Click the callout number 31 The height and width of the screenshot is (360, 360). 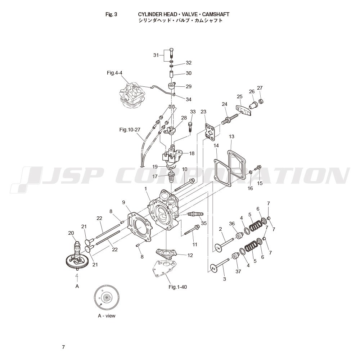(156, 55)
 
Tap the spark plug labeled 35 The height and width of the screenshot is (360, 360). (195, 214)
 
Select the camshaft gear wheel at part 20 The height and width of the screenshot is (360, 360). (77, 261)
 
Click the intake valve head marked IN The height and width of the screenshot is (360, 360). (218, 248)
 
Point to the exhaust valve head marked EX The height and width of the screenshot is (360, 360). (214, 268)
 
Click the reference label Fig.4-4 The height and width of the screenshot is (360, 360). (114, 73)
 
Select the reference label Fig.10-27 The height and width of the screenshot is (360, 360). (130, 130)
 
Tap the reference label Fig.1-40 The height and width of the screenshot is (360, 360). (178, 287)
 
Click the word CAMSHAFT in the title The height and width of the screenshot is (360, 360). (216, 14)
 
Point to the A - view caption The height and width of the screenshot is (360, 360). (107, 316)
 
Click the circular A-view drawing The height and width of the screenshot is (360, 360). (107, 298)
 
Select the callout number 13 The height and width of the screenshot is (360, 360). (231, 136)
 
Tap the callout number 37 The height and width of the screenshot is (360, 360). (238, 271)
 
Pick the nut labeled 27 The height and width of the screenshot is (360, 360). (261, 101)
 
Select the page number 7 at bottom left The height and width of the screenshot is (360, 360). (64, 347)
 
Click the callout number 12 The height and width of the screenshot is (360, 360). (190, 255)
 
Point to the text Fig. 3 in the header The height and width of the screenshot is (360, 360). (111, 14)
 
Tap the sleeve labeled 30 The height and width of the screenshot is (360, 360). (171, 75)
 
